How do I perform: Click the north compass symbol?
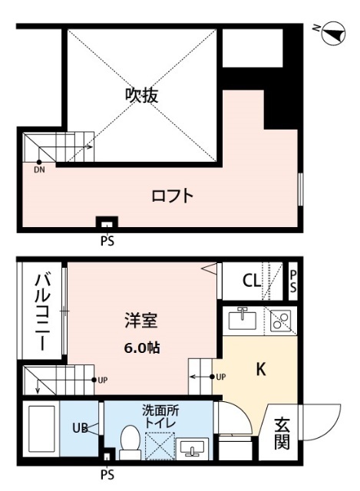click(x=332, y=32)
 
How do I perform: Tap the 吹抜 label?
click(x=142, y=95)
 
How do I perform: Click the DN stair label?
click(x=39, y=170)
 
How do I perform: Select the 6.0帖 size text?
click(x=143, y=347)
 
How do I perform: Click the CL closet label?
click(x=251, y=281)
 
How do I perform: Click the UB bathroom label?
click(x=78, y=428)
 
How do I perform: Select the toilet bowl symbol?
click(x=128, y=442)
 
